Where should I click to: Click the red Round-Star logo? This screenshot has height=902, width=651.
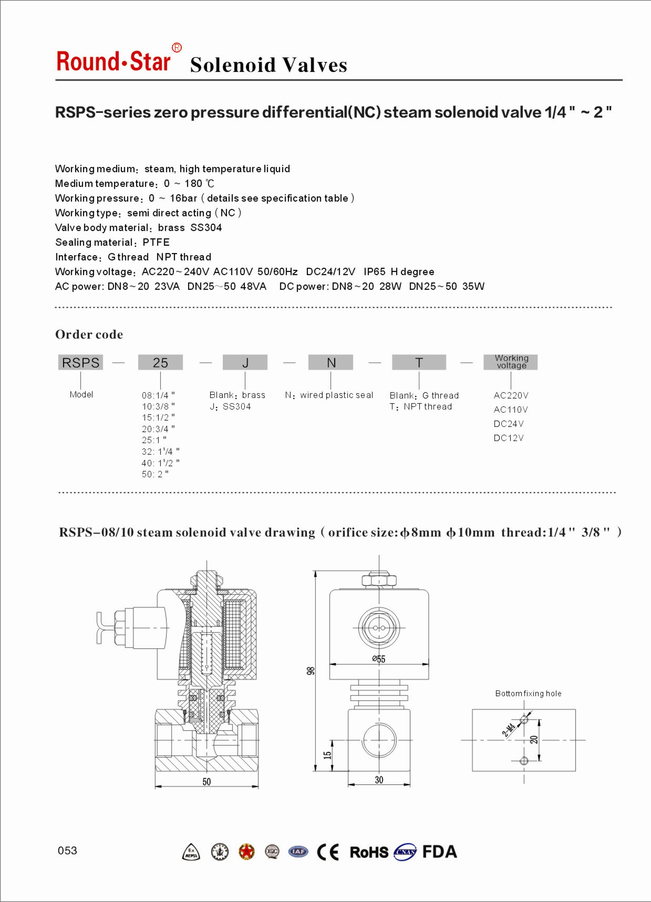[113, 61]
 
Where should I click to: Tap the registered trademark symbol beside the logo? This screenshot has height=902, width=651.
[177, 48]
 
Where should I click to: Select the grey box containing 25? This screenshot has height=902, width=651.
[160, 362]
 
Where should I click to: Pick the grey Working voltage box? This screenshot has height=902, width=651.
[511, 362]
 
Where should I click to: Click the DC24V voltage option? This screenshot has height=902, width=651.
[508, 424]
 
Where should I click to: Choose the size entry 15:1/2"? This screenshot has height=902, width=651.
[158, 417]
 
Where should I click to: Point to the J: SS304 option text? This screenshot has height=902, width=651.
[230, 407]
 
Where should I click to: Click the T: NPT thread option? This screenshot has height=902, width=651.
[421, 407]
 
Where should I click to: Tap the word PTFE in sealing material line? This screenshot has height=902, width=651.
[156, 242]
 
